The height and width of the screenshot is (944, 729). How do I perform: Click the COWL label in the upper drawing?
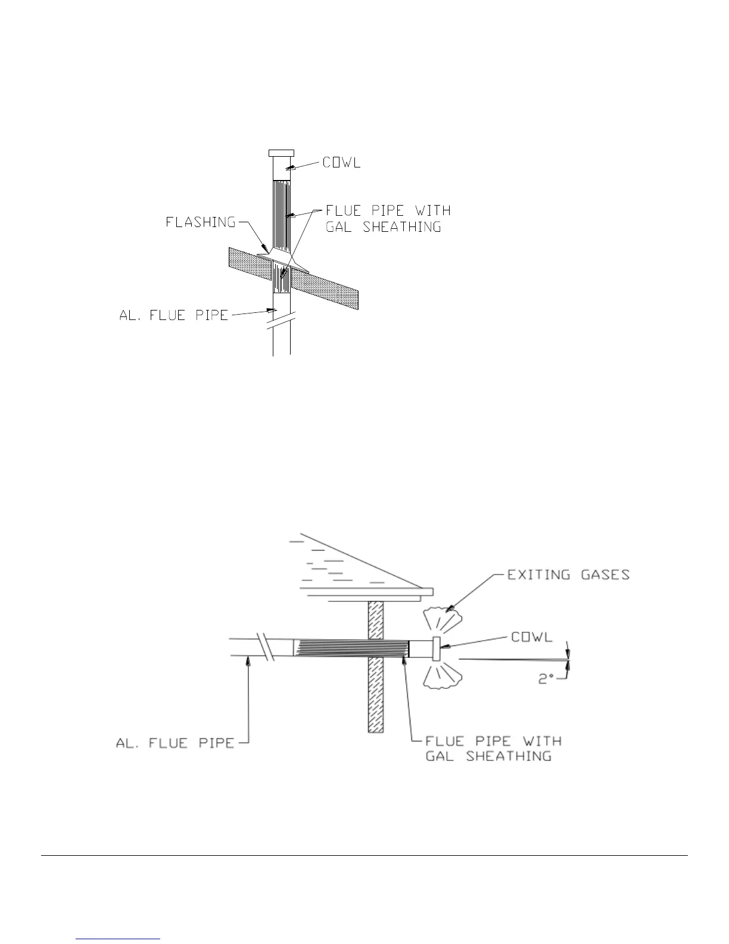(x=342, y=162)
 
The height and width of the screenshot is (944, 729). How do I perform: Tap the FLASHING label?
(x=201, y=222)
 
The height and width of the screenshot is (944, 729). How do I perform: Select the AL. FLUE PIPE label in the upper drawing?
(x=174, y=315)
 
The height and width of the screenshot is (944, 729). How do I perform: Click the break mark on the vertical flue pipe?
(x=282, y=325)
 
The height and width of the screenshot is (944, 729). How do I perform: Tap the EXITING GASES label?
(x=568, y=575)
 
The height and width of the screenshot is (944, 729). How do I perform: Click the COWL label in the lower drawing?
(x=532, y=636)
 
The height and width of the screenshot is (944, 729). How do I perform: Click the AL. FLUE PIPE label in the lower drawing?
(x=175, y=743)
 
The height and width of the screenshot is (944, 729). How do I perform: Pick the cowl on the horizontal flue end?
(x=437, y=649)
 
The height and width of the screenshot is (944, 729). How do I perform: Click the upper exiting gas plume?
(x=441, y=619)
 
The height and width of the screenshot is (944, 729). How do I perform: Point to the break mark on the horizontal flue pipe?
(x=265, y=648)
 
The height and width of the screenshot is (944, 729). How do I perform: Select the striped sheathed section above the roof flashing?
(x=282, y=212)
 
